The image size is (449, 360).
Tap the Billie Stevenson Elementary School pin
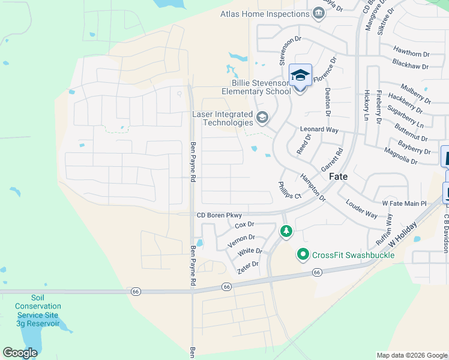[300, 77]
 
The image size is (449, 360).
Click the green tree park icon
[287, 230]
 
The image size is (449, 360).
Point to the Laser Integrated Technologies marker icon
[262, 117]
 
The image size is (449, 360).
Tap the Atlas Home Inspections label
[265, 14]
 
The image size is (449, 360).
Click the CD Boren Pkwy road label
[218, 215]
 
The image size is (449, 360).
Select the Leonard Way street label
[319, 129]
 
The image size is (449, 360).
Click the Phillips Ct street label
[289, 190]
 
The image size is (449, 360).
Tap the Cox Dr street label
[245, 225]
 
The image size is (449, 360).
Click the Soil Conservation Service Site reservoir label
[38, 310]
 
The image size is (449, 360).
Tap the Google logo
[20, 352]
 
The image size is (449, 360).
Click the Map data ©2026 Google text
[411, 355]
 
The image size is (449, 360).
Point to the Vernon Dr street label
[242, 240]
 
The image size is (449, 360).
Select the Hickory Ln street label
[366, 106]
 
